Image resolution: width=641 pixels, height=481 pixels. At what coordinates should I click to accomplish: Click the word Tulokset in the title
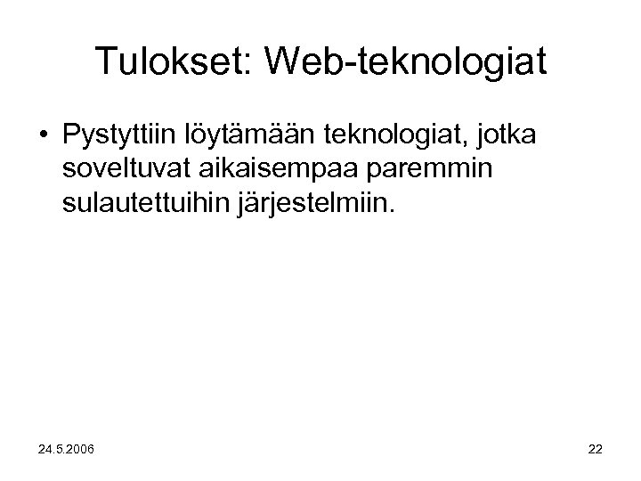point(173,61)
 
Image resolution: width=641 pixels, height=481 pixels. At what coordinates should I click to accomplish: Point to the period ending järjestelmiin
point(388,213)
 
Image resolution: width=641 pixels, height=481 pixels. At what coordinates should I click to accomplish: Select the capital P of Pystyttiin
point(71,137)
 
